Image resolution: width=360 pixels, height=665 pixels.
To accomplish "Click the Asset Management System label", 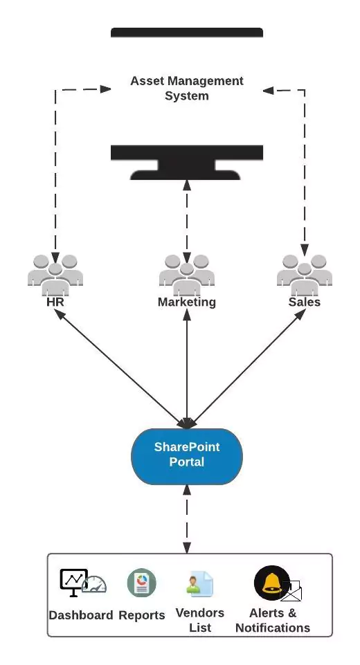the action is click(187, 88).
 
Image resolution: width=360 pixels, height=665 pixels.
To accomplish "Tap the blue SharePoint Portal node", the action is click(187, 456).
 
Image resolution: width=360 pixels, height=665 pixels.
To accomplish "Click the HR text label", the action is click(55, 302).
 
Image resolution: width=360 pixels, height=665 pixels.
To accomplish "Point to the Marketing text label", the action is click(187, 302).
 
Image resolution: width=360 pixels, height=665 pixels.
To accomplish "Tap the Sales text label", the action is click(305, 302).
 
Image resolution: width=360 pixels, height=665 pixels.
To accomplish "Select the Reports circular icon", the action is click(142, 583).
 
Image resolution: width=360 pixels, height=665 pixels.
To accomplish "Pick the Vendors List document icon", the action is click(200, 583).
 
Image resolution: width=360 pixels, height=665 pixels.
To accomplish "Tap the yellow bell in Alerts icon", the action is click(271, 583).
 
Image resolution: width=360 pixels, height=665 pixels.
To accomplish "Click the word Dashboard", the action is click(81, 615).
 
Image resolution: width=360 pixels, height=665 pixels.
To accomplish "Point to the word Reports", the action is click(142, 615).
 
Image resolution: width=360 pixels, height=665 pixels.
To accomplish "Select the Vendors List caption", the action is click(200, 620).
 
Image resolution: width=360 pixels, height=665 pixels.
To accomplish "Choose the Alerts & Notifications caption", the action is click(273, 620).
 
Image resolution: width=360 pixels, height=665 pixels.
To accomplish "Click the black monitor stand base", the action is click(186, 174).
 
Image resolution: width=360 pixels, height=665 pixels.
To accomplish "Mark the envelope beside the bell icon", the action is click(291, 591).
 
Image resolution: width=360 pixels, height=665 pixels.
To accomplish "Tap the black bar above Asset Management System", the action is click(187, 33).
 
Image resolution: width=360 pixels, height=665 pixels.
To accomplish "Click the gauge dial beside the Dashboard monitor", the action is click(94, 585).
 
